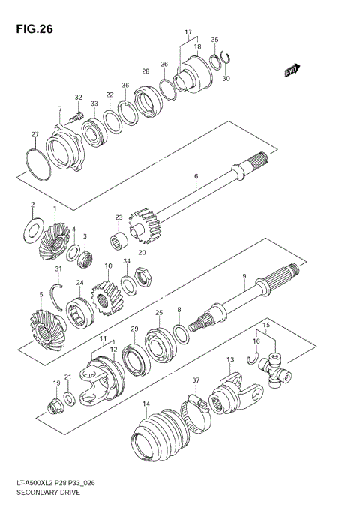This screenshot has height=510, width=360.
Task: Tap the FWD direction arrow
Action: point(292,70)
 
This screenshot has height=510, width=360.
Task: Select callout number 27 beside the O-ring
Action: point(34,134)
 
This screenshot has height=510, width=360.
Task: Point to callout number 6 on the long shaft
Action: point(196,177)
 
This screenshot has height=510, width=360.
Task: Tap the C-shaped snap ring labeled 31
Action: point(56,291)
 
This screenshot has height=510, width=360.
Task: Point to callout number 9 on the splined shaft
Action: point(244,277)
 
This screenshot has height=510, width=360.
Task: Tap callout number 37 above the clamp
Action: point(195,380)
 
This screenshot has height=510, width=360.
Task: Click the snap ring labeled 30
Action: point(226,63)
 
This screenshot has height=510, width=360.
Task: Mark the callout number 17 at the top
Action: point(187,32)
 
